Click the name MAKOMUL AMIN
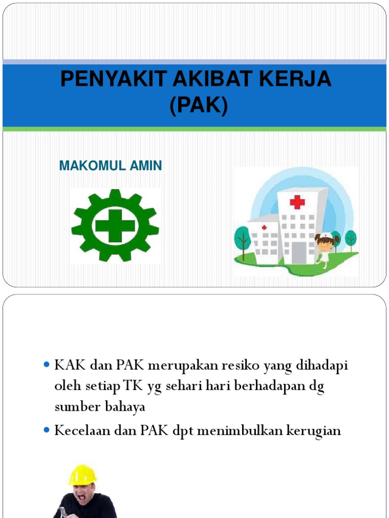110,166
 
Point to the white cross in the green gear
115,226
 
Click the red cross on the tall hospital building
297,202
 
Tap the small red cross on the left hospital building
264,228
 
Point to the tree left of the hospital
243,240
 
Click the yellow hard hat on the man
82,474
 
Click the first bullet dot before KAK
47,365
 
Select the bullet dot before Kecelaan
47,430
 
